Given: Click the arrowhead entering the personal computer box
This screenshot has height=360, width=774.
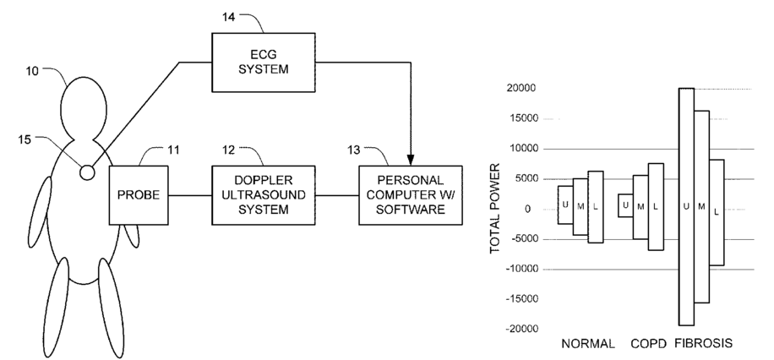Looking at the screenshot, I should click(411, 161).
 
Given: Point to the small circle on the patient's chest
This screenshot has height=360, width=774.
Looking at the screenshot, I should click(87, 172).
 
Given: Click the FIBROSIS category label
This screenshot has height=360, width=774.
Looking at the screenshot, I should click(703, 345).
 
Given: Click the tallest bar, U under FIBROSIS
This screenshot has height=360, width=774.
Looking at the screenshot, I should click(686, 206).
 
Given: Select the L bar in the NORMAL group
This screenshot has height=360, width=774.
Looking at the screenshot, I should click(596, 207).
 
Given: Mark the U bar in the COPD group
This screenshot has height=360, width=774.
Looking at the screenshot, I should click(625, 205).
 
